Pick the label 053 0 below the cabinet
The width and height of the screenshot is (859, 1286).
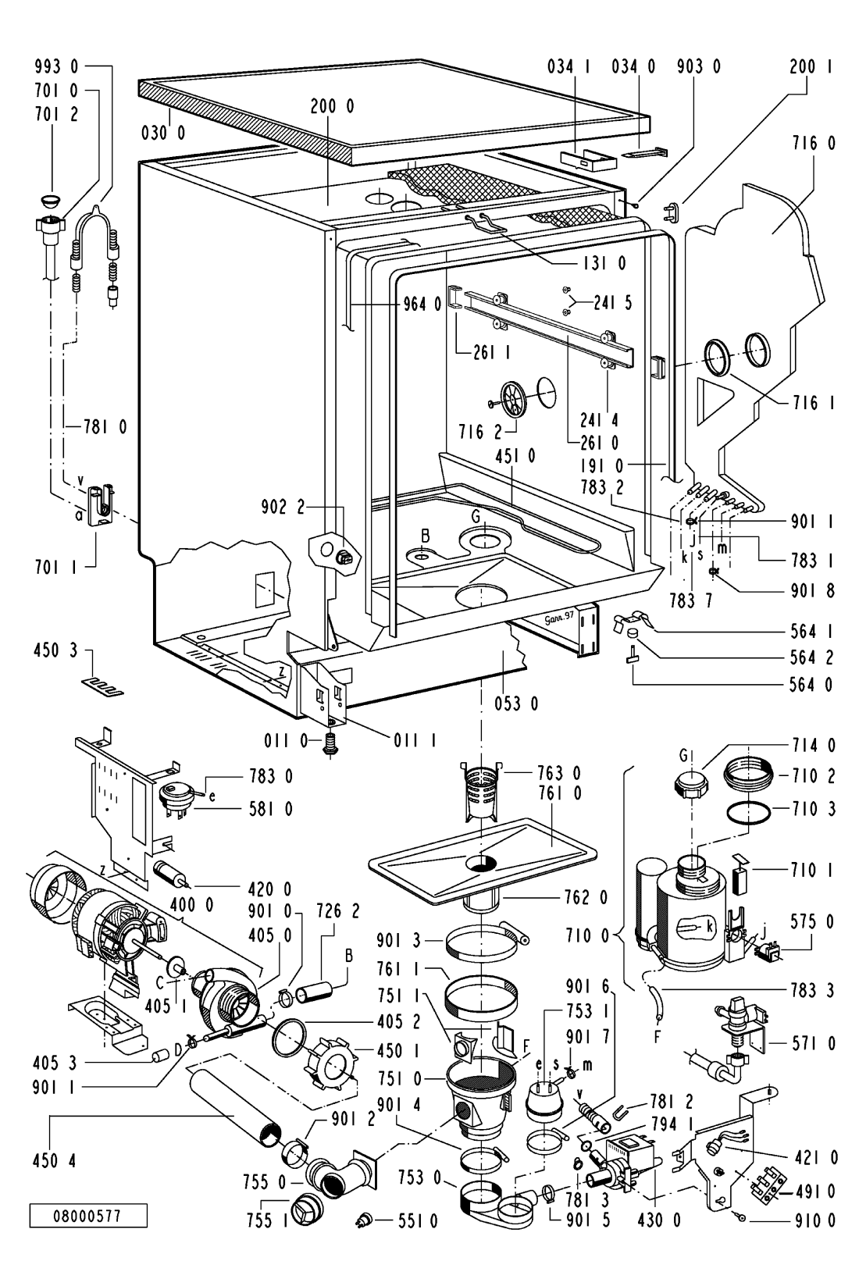[x=516, y=704]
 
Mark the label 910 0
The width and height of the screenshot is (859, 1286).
[x=811, y=1240]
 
